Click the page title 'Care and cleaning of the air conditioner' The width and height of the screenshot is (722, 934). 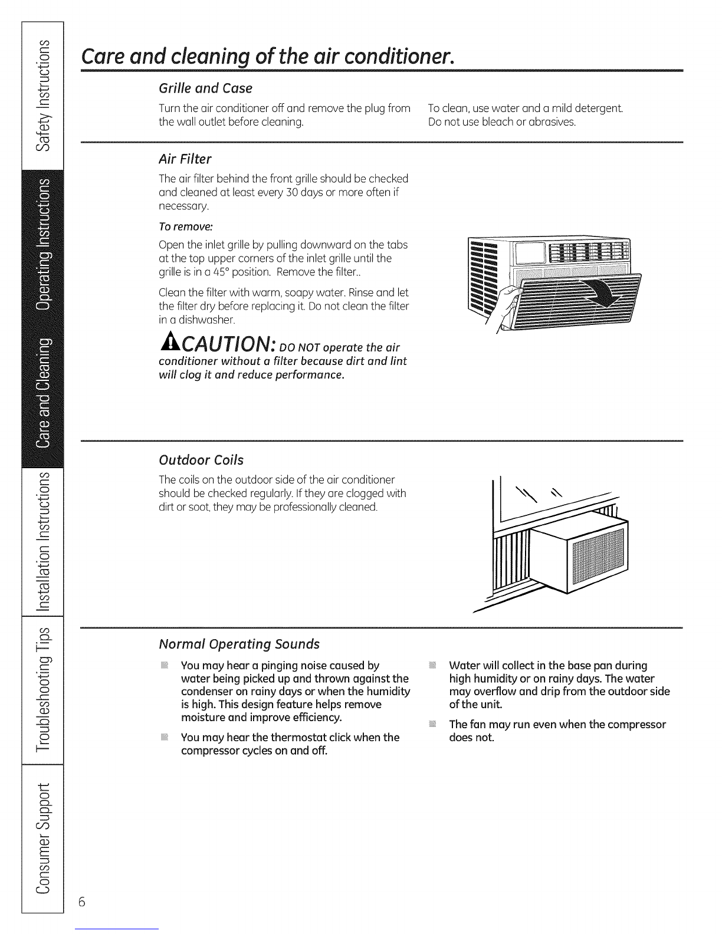(267, 56)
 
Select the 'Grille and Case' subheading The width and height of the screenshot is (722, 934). (205, 88)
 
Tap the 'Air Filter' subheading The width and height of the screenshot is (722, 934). (185, 159)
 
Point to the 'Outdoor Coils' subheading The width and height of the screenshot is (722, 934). (201, 460)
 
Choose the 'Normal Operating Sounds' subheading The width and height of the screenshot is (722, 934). (239, 644)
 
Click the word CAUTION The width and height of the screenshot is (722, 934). (229, 343)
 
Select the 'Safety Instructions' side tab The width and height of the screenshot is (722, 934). (42, 96)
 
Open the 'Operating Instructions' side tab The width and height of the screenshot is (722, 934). (42, 244)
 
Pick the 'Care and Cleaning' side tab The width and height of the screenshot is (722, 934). (42, 393)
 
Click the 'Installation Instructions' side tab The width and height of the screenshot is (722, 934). (42, 541)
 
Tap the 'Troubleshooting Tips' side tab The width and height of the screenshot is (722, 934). (42, 690)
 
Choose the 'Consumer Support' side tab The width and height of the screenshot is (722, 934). (42, 838)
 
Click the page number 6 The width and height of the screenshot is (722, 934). (82, 902)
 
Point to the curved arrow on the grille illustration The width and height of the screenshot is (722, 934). (602, 292)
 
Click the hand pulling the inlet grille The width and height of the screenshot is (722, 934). (507, 306)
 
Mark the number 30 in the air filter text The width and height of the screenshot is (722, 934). (292, 192)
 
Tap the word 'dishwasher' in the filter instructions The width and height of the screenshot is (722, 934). (206, 320)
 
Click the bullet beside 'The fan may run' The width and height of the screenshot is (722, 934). (432, 724)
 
